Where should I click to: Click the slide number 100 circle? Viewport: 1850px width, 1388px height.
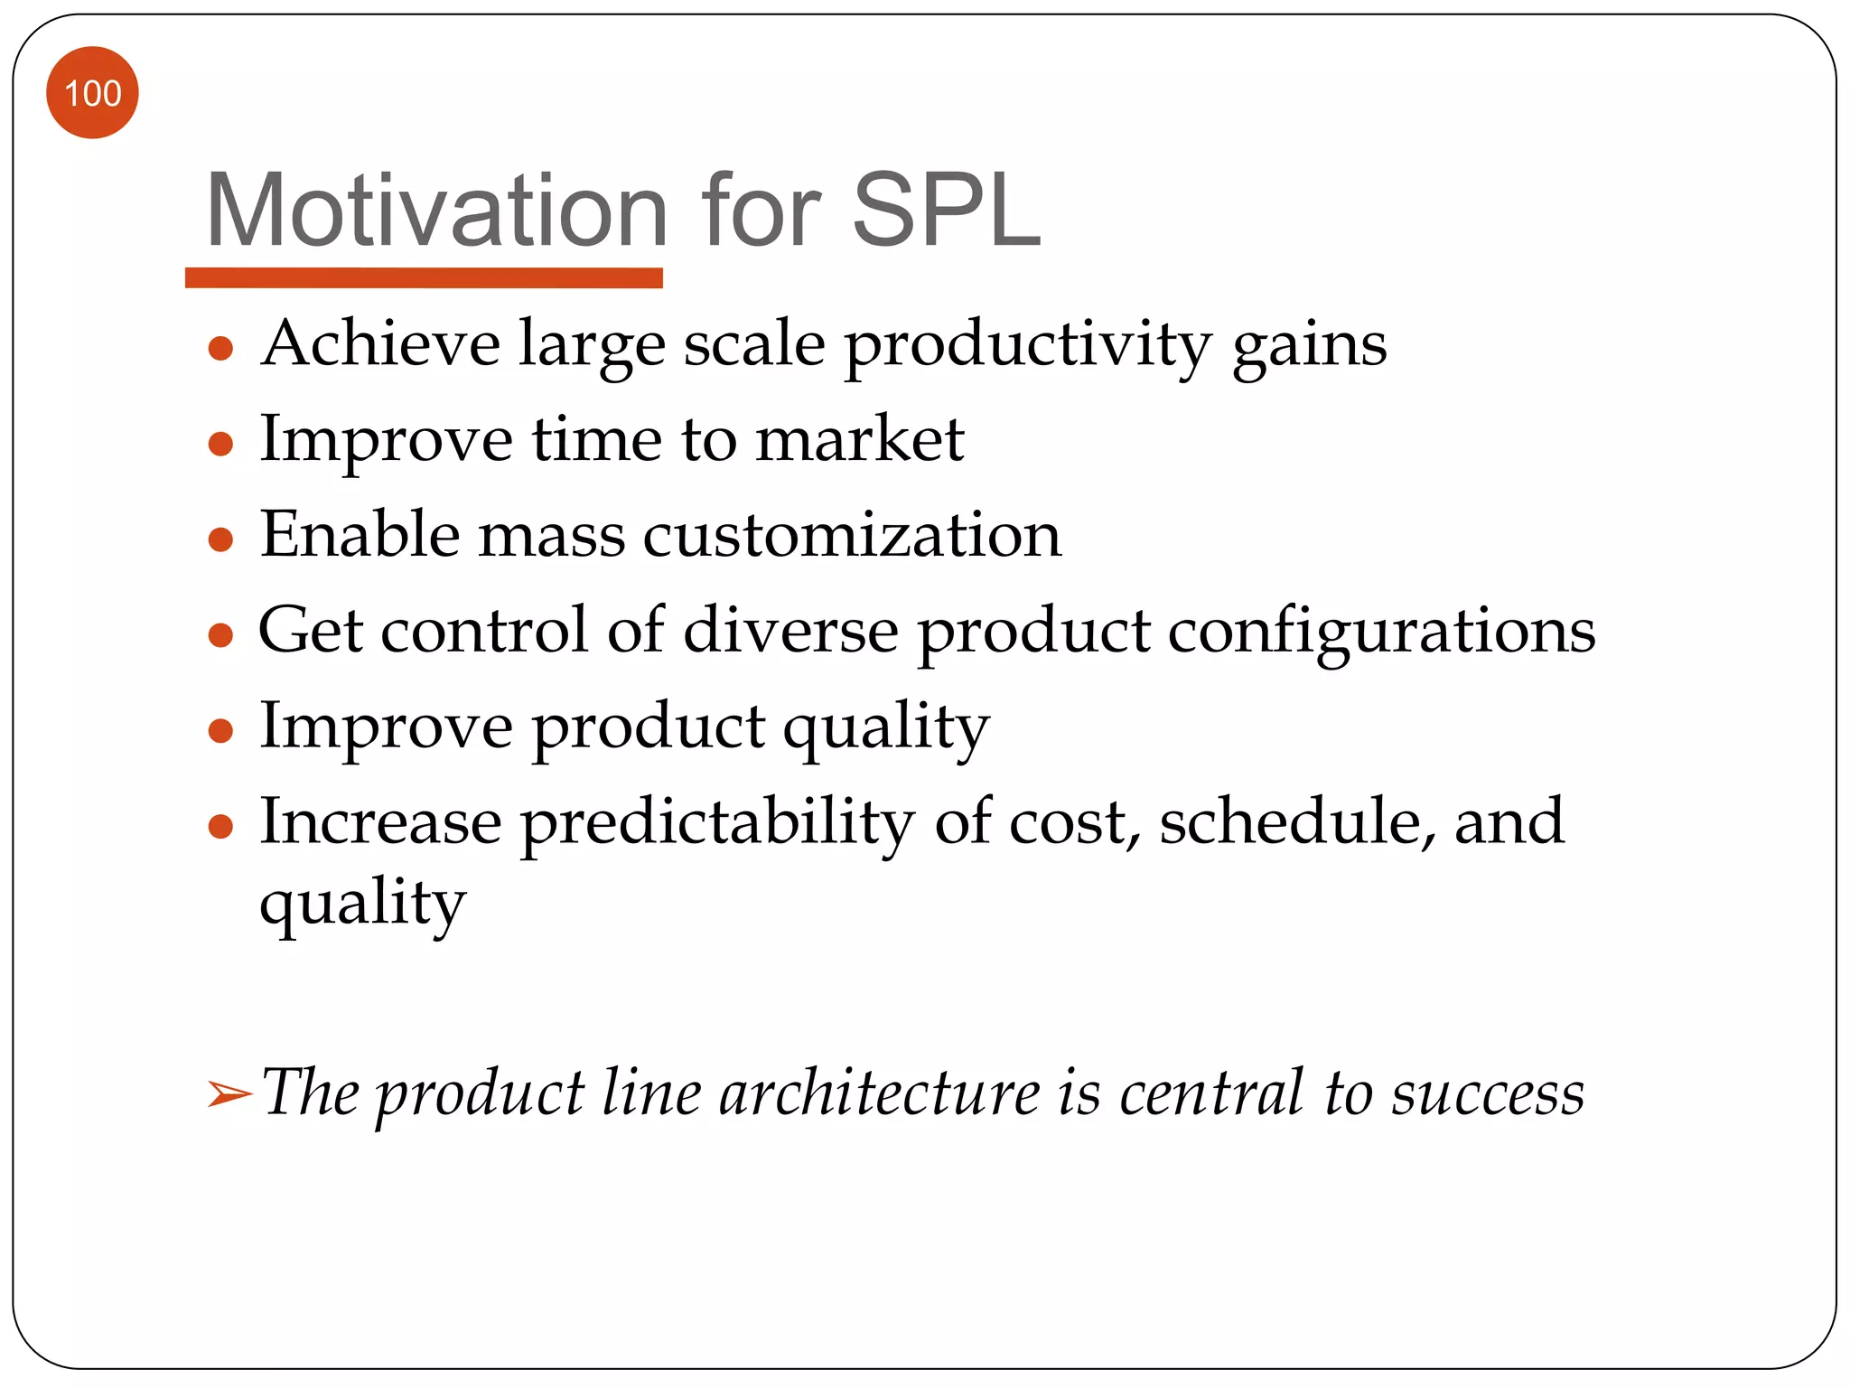click(92, 93)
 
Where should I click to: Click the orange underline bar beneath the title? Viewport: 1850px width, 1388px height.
click(424, 277)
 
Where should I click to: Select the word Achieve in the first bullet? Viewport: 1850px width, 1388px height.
click(380, 344)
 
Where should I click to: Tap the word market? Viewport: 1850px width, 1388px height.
click(859, 440)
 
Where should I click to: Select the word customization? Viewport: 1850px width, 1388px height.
click(852, 535)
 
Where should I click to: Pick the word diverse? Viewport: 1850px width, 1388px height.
click(790, 630)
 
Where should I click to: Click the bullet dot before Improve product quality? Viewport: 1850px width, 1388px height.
click(220, 730)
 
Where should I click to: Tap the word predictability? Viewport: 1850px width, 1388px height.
click(717, 823)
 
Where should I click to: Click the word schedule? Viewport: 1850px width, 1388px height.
click(1297, 821)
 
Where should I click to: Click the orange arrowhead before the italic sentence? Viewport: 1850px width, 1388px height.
click(229, 1094)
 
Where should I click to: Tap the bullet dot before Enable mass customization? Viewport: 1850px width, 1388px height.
click(220, 539)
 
